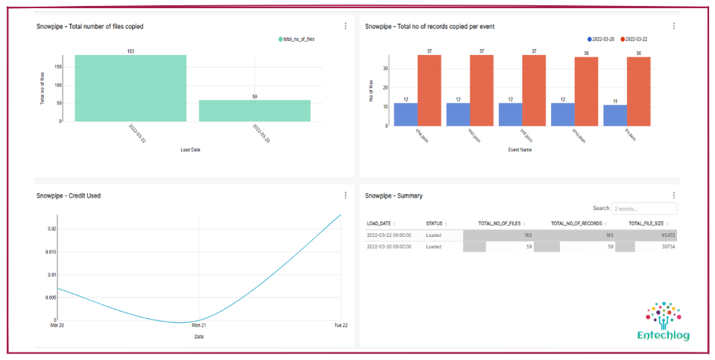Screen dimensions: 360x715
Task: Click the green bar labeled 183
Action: pos(130,88)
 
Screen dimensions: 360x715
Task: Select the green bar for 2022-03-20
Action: pos(254,110)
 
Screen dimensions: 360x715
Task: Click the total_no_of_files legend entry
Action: pos(297,39)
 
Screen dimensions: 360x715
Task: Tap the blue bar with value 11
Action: pos(614,115)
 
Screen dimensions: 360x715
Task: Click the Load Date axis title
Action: pos(190,149)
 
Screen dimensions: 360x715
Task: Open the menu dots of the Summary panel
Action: pos(673,195)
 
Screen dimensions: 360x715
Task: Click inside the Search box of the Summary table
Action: pos(643,209)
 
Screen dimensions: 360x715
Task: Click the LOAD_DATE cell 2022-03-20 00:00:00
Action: pos(388,247)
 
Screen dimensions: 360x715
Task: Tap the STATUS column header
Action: pos(434,223)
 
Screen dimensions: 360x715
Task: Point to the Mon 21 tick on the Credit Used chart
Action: pos(198,326)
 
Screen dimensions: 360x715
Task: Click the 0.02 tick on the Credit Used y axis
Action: pos(51,229)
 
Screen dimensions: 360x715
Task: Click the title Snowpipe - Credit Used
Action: pos(69,196)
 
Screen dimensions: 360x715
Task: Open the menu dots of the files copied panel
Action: pos(345,26)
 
